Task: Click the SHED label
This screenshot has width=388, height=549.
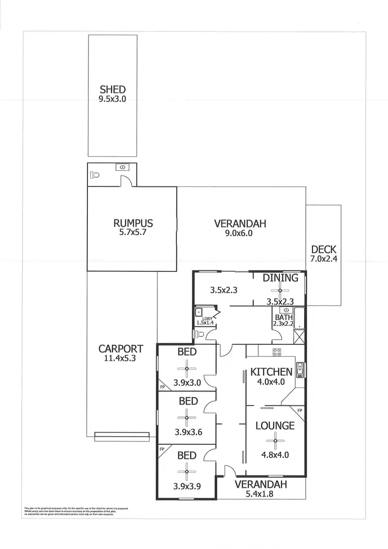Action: point(112,90)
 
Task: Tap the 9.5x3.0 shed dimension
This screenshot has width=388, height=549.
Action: point(112,98)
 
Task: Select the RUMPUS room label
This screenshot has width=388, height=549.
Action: point(133,224)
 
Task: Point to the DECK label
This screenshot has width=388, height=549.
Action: point(324,250)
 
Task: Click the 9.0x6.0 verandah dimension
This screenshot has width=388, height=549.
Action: point(240,233)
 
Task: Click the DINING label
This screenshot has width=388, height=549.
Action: point(280,278)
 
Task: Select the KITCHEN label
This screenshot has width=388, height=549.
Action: point(272,372)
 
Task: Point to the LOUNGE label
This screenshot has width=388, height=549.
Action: point(275,426)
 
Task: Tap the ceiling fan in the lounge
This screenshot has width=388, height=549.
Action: point(275,441)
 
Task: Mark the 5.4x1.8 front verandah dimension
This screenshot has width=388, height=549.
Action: point(261,494)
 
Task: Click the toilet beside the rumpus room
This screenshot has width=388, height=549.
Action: point(94,174)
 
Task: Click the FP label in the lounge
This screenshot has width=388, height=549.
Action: point(300,411)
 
